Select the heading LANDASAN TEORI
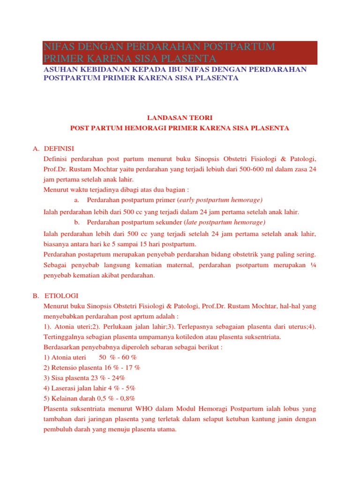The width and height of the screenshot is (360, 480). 180,118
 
